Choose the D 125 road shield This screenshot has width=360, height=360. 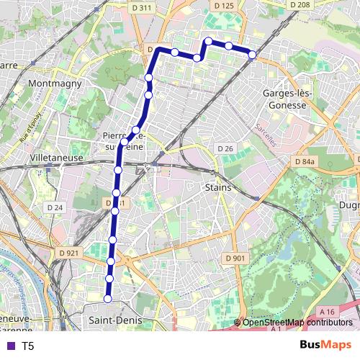[224, 6]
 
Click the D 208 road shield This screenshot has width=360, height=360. [300, 4]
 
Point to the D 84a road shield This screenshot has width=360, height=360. [305, 163]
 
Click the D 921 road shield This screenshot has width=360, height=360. [68, 253]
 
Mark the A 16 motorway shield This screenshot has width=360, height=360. [328, 311]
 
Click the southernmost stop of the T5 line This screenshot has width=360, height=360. [108, 298]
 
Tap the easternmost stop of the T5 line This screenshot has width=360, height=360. [252, 55]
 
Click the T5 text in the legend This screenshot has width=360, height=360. [27, 346]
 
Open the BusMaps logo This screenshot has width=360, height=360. [325, 345]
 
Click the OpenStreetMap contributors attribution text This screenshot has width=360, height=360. [297, 323]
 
